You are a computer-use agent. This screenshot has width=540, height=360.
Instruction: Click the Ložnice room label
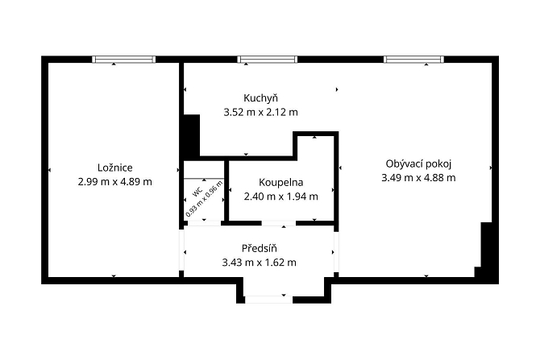click(x=115, y=168)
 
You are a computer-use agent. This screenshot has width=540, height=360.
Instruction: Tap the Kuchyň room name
click(x=260, y=98)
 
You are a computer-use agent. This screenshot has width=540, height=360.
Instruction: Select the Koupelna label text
click(x=281, y=182)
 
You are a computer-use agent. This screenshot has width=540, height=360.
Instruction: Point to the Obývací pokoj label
click(x=418, y=163)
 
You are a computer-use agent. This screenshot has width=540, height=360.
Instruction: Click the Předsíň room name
click(x=260, y=248)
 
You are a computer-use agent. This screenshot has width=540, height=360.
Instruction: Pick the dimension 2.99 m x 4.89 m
click(x=115, y=182)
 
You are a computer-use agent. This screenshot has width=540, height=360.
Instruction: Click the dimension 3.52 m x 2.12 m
click(x=260, y=112)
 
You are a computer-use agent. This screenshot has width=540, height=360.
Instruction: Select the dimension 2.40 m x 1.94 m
click(x=281, y=197)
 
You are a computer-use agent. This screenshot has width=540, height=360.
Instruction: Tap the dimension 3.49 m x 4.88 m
click(x=418, y=178)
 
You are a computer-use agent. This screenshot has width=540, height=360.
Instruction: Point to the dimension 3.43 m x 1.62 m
click(x=260, y=263)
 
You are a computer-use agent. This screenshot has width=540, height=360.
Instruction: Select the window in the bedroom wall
click(x=123, y=60)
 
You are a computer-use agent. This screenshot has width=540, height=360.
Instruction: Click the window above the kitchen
click(x=268, y=60)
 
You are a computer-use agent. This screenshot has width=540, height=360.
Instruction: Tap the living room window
click(x=413, y=60)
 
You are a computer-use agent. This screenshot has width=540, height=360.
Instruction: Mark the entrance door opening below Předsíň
click(x=268, y=300)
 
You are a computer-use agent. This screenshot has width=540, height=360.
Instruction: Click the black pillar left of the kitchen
click(x=192, y=135)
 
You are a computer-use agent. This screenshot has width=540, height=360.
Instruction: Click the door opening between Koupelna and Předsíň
click(x=279, y=223)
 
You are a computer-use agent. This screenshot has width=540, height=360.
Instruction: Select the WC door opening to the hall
click(x=204, y=223)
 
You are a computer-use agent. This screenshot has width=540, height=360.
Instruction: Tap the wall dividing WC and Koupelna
click(x=226, y=191)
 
